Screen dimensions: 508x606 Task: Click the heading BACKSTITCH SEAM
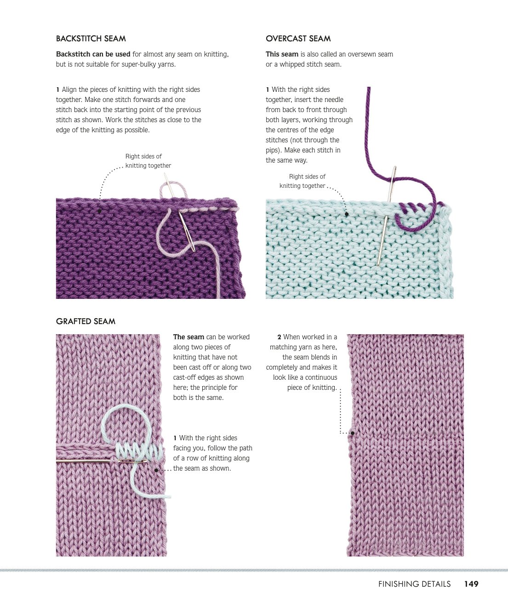coord(91,39)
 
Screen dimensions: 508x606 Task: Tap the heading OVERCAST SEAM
coord(298,39)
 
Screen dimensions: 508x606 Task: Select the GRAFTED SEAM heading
coord(86,321)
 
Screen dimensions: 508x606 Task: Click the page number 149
coord(471,584)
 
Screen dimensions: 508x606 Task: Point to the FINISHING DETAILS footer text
coord(414,584)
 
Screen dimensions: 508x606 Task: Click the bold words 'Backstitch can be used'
coord(93,54)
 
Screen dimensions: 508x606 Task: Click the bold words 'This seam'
coord(282,54)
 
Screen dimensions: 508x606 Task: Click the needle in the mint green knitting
coord(387,216)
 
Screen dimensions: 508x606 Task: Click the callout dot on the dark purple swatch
coord(99,211)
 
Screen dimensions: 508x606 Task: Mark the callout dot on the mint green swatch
coord(347,214)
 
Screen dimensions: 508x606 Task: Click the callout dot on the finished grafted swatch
coord(353,433)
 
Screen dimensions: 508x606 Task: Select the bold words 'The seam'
coord(188,337)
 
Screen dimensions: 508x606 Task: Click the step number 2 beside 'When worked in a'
coord(279,337)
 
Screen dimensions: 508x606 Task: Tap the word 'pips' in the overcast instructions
coord(272,150)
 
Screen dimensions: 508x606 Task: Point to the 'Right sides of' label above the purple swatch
coord(143,157)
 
